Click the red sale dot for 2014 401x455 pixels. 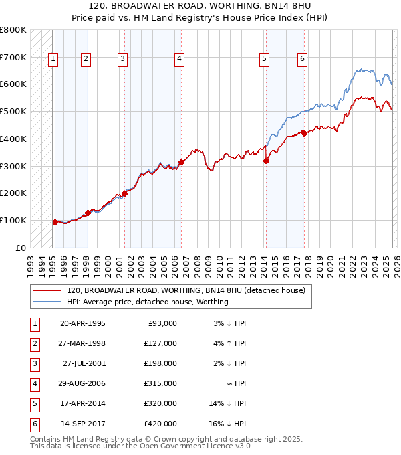[266, 161]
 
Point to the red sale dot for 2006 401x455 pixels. [181, 162]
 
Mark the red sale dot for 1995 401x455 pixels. [55, 222]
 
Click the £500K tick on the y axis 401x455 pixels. [13, 111]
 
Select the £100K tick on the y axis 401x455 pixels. [13, 220]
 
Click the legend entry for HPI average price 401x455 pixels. [147, 302]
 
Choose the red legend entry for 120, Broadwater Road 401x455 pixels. [185, 290]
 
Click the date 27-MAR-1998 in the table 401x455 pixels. [82, 343]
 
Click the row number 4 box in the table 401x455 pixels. [33, 383]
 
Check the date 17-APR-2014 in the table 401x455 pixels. [82, 403]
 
